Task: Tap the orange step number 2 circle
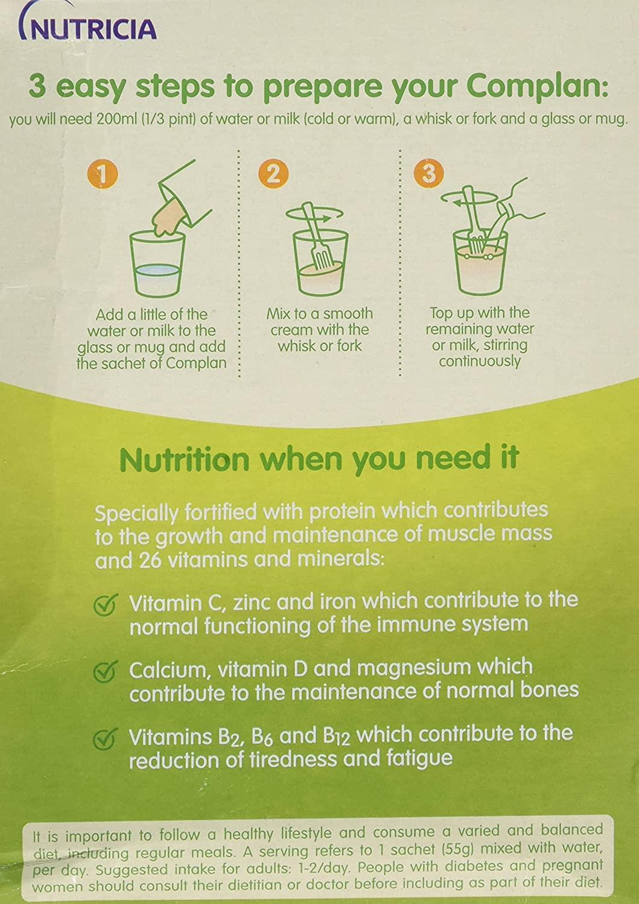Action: coord(274,174)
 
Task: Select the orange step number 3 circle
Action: coord(430,174)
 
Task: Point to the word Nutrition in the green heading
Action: coord(185,459)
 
